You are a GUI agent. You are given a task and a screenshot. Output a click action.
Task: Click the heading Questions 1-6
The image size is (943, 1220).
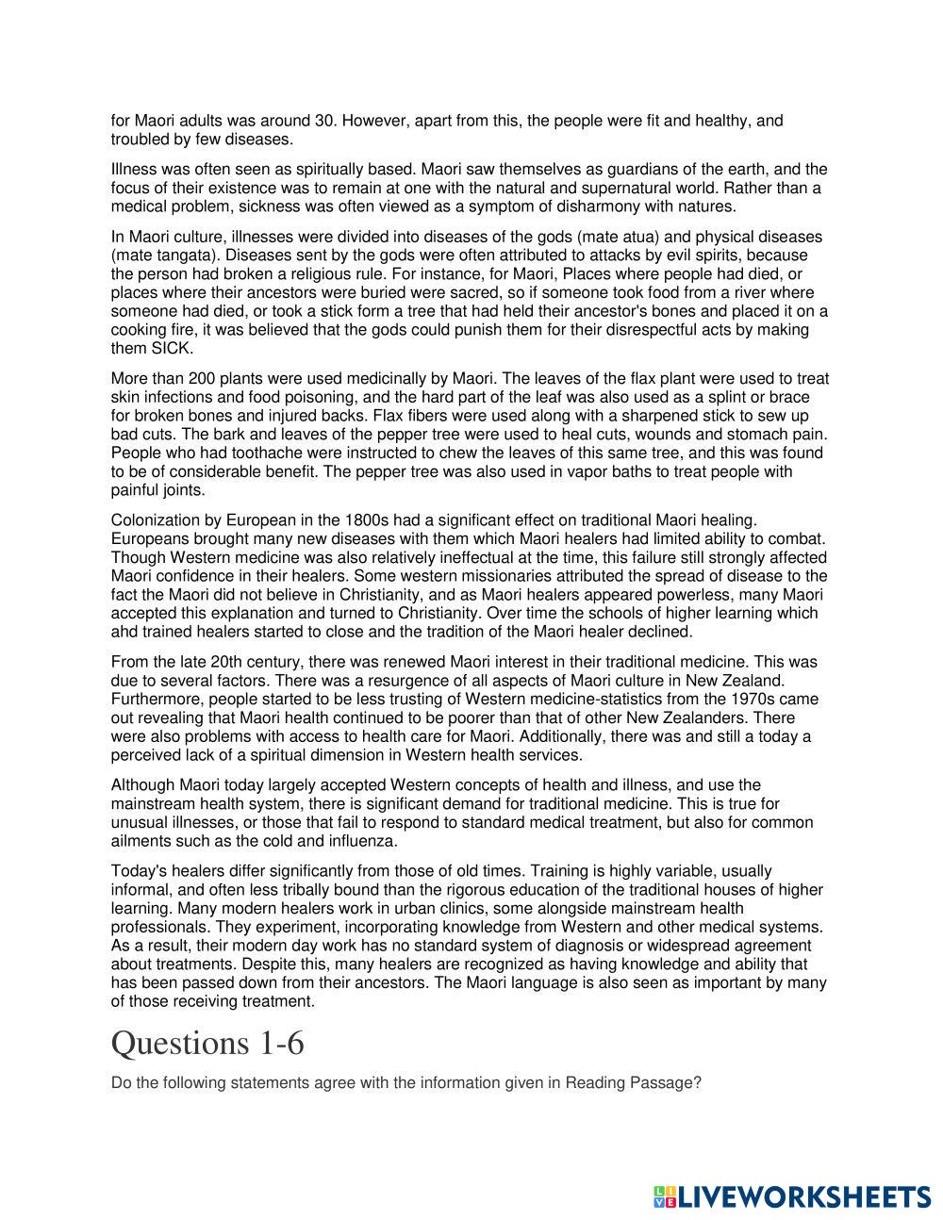point(207,1044)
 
